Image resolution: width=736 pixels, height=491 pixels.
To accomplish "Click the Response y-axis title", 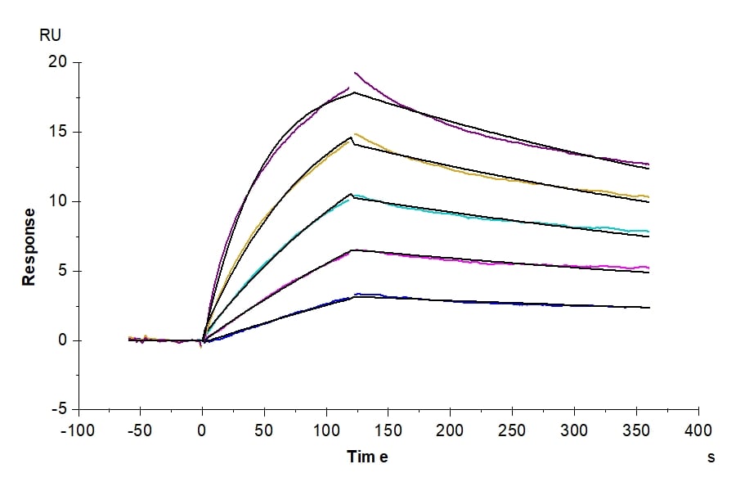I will (x=29, y=246).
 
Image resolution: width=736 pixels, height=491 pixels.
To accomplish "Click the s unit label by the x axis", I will (x=711, y=457).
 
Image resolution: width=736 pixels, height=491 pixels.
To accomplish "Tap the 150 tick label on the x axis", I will (x=388, y=431).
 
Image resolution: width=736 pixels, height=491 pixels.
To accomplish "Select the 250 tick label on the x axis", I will (x=512, y=431).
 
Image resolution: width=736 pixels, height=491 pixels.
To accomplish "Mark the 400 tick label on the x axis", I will (x=698, y=431).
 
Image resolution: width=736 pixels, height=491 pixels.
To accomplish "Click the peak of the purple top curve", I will (x=355, y=73).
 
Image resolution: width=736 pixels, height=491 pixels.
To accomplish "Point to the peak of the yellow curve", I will (x=356, y=134).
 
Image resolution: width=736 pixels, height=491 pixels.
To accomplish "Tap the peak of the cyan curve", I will (x=355, y=195).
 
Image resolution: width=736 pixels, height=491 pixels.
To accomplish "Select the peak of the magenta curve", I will (x=353, y=250).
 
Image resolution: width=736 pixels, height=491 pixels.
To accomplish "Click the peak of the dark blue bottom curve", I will (x=357, y=294).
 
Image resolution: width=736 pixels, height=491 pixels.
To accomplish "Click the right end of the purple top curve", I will (x=648, y=164).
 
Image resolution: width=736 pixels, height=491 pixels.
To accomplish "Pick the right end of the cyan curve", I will (x=648, y=232).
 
